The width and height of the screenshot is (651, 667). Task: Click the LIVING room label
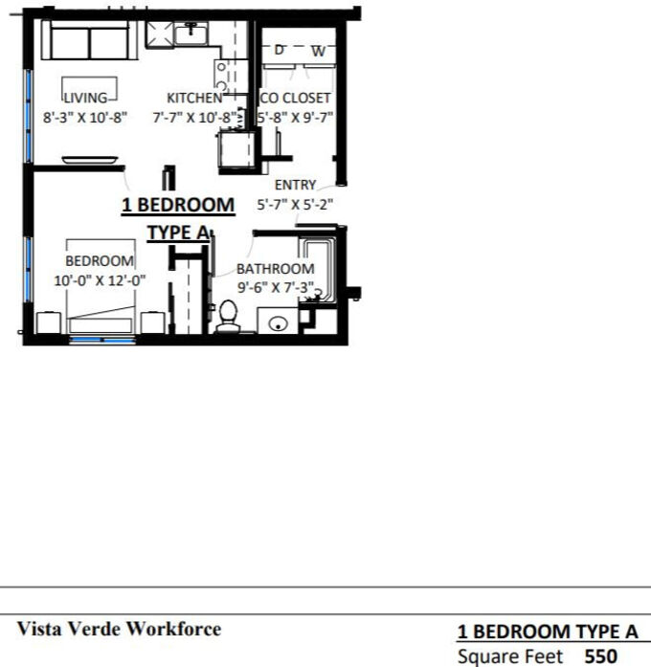coord(85,98)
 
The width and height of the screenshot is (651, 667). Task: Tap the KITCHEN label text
coord(194,98)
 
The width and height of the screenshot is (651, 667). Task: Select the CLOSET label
coord(306,98)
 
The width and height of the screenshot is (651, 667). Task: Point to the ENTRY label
coord(295,185)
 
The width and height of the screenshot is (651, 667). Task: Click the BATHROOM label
coord(276,269)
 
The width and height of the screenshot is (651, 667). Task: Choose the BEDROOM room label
coord(100,260)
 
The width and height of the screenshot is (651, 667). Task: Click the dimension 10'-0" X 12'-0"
coord(100,280)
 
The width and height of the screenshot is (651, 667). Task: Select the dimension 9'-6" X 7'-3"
coord(276,287)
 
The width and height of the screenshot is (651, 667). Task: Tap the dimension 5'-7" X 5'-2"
coord(295,205)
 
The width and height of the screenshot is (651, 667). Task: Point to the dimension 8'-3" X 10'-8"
coord(85,118)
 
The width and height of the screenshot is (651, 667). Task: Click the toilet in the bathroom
coord(228,317)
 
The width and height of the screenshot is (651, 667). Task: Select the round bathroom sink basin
coord(278,324)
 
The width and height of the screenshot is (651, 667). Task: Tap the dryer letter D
coord(279,50)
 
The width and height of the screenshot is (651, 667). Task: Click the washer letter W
coord(318,52)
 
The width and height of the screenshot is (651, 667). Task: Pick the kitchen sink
coord(191,33)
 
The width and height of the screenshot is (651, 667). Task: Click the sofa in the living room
coord(89,40)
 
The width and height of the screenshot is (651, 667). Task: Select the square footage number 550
coord(601,656)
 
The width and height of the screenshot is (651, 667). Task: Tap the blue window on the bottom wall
coord(102,340)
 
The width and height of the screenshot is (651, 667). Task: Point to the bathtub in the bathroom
coord(318,271)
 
